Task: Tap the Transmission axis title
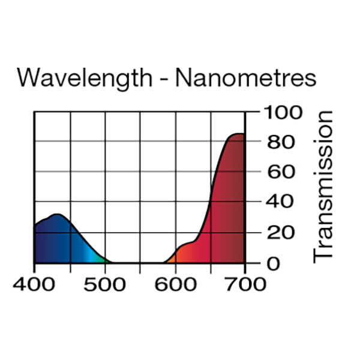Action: click(323, 186)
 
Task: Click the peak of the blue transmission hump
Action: click(56, 214)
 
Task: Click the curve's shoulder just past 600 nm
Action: click(186, 244)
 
